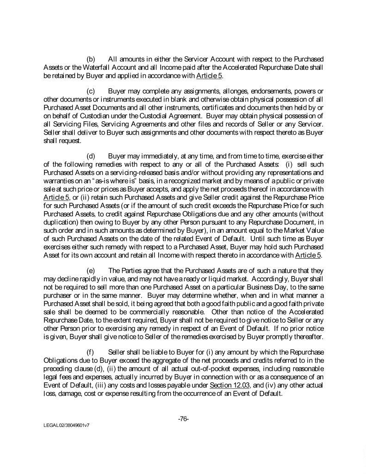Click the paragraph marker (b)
pos(91,60)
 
